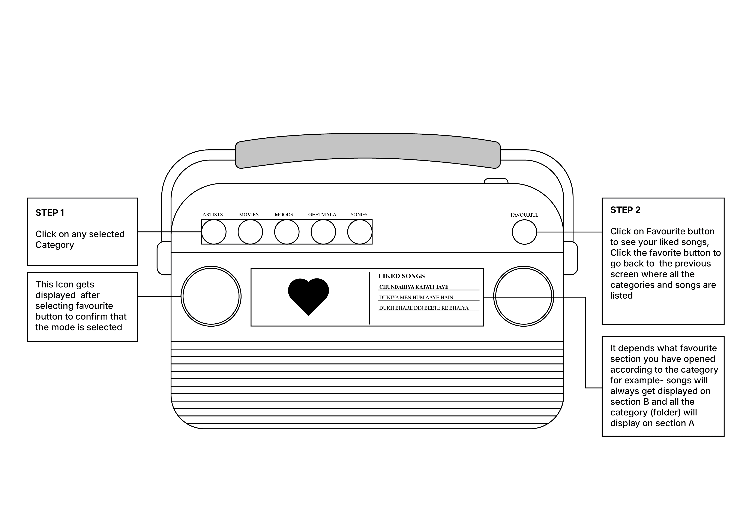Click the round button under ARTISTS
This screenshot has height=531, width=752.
point(214,232)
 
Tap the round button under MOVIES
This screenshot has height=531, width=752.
point(250,232)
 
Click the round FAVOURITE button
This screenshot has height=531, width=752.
point(524,232)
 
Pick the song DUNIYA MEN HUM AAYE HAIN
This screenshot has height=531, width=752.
point(416,297)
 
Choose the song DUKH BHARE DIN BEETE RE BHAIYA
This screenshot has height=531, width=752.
point(424,308)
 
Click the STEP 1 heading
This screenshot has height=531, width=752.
point(50,213)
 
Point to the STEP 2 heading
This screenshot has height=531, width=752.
point(625,210)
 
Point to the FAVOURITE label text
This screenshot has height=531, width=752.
point(524,215)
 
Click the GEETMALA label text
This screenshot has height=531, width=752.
point(322,215)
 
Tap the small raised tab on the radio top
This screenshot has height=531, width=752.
point(496,181)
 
